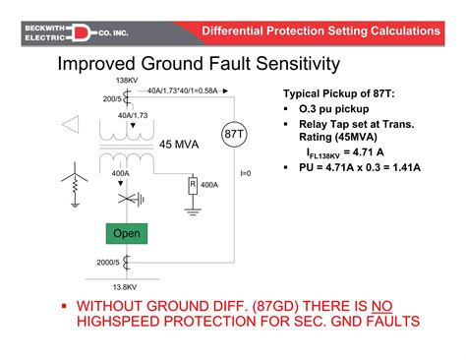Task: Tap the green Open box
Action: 127,234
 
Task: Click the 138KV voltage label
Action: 126,81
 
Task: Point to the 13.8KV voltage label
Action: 125,286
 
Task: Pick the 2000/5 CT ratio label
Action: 108,263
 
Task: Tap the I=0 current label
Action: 246,174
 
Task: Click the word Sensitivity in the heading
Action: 292,65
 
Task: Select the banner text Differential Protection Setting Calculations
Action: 320,30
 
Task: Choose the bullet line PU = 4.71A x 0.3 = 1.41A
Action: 359,168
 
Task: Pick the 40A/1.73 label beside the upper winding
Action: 132,115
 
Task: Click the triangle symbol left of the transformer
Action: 68,125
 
